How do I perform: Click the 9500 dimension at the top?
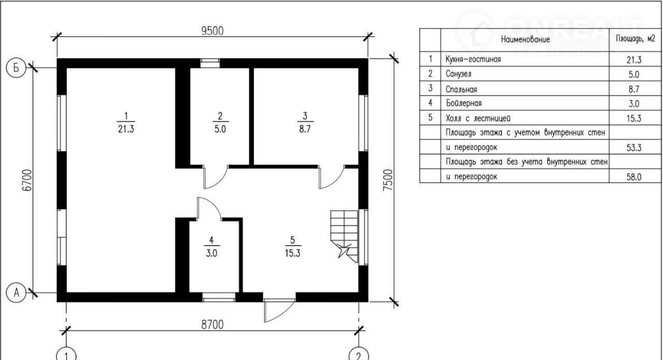pyautogui.click(x=212, y=31)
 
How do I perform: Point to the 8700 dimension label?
pyautogui.click(x=212, y=325)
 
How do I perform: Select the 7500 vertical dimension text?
pyautogui.click(x=388, y=180)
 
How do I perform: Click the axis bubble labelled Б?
pyautogui.click(x=16, y=68)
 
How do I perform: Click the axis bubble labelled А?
pyautogui.click(x=16, y=293)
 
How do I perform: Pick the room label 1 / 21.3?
pyautogui.click(x=126, y=122)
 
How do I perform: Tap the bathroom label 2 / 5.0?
pyautogui.click(x=220, y=122)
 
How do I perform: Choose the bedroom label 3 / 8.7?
pyautogui.click(x=305, y=122)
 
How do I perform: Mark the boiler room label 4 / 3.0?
pyautogui.click(x=212, y=247)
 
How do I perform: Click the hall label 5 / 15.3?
pyautogui.click(x=293, y=247)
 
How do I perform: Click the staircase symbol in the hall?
pyautogui.click(x=344, y=236)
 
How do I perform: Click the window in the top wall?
pyautogui.click(x=210, y=63)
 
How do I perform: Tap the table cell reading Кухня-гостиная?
pyautogui.click(x=473, y=59)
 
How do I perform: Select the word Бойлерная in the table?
pyautogui.click(x=464, y=103)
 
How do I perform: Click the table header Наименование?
pyautogui.click(x=525, y=39)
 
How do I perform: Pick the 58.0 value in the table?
pyautogui.click(x=633, y=177)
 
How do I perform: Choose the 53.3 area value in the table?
pyautogui.click(x=633, y=148)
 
